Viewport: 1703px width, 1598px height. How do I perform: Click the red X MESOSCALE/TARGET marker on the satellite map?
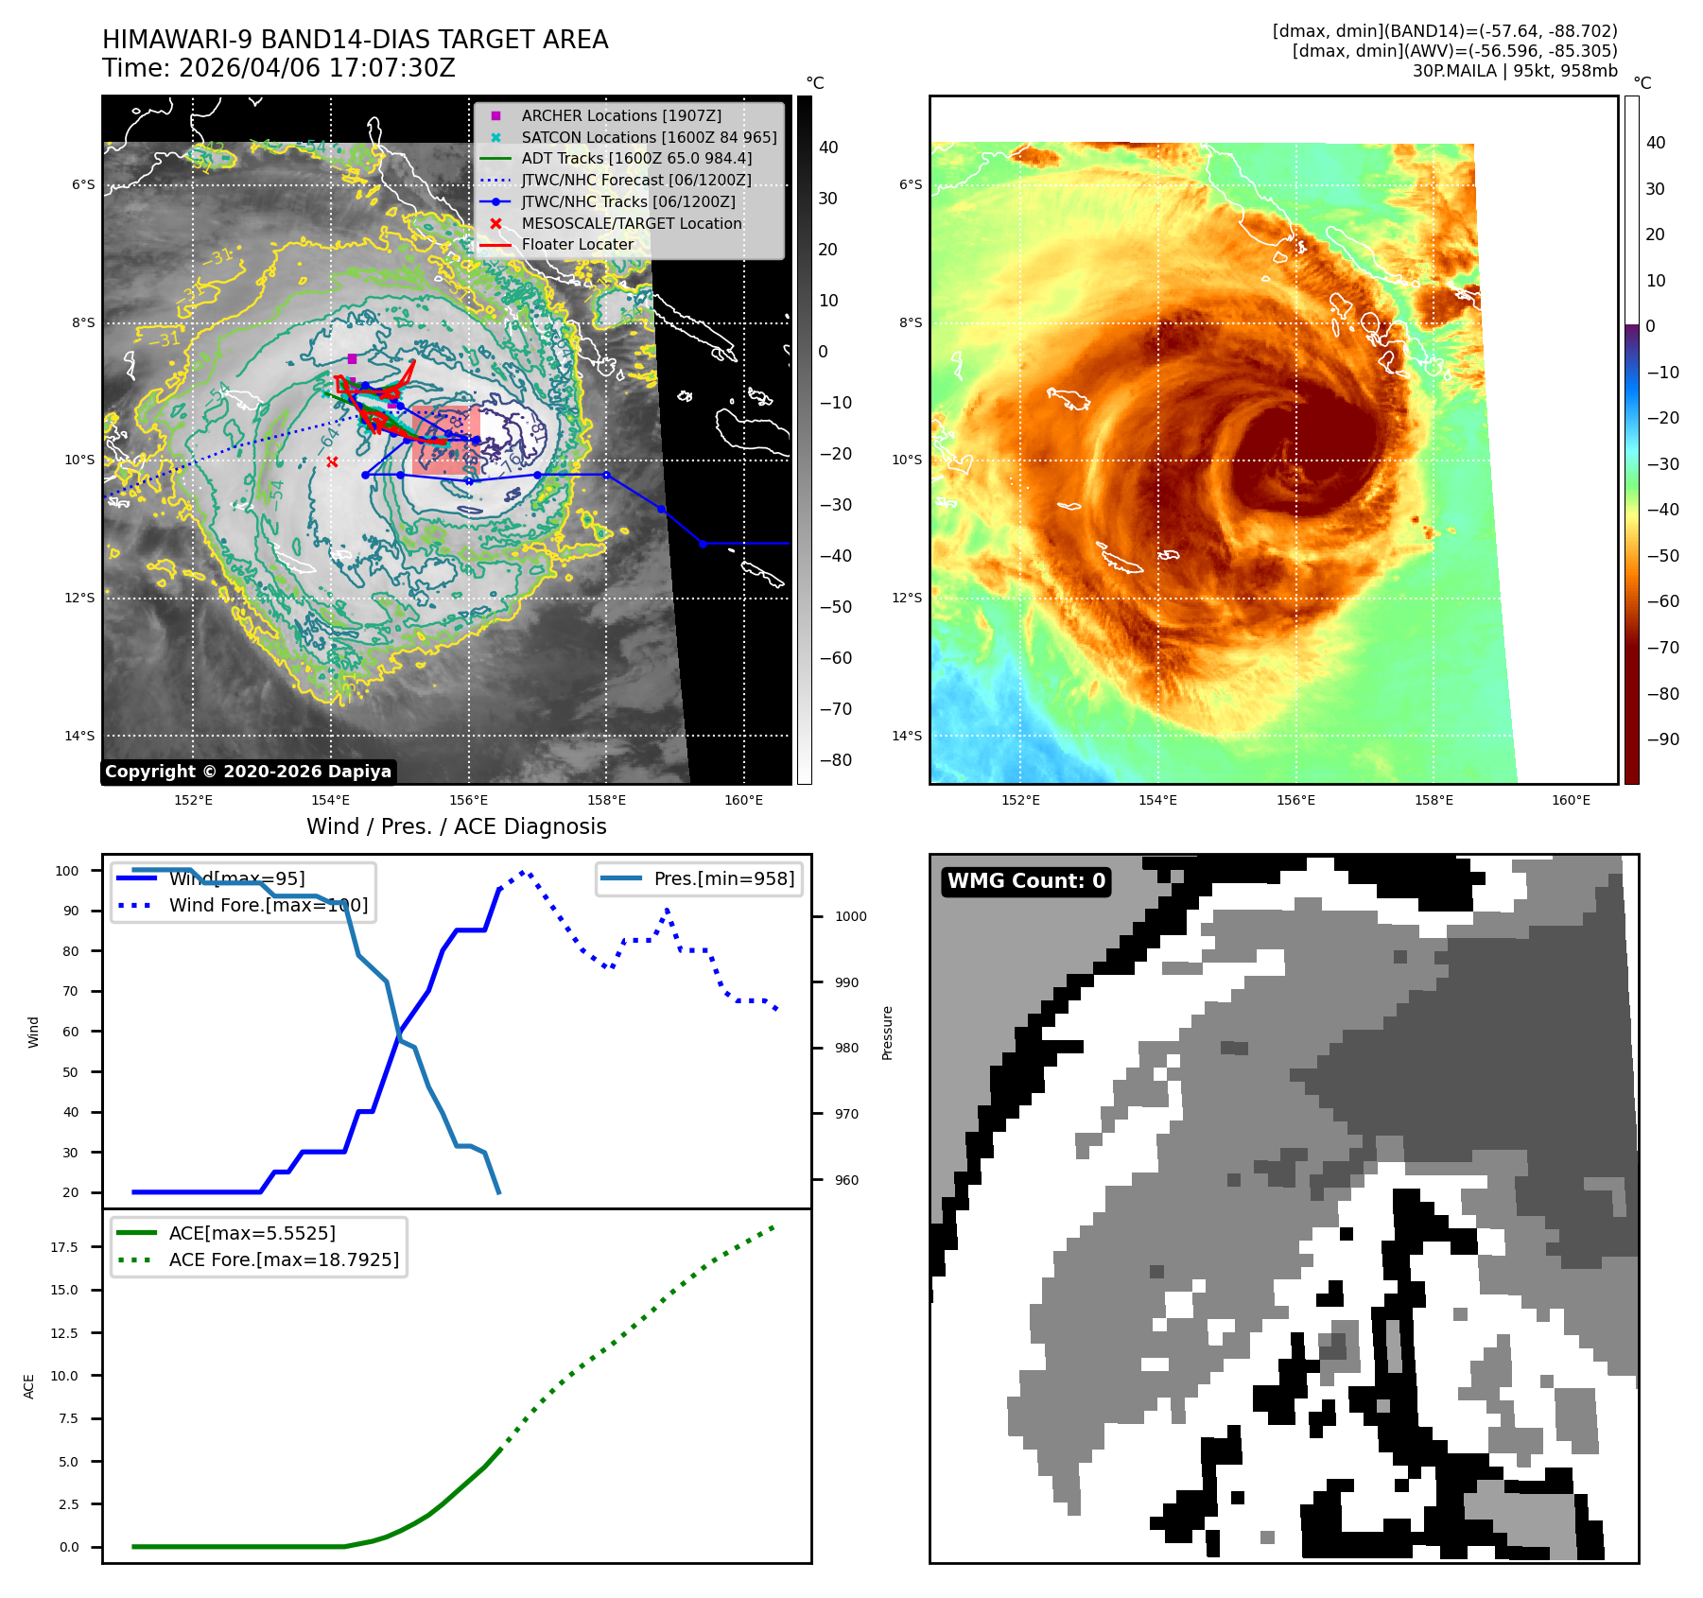tap(332, 461)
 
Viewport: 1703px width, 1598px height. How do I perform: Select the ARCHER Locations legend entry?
tap(620, 115)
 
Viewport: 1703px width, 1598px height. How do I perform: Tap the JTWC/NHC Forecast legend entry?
tap(635, 180)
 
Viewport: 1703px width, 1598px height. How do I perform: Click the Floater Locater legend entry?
tap(577, 244)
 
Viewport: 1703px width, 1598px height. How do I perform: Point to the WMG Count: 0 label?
tap(1026, 881)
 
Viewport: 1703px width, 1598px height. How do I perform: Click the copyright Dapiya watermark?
tap(248, 772)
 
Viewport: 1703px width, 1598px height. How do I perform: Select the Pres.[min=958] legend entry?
tap(723, 878)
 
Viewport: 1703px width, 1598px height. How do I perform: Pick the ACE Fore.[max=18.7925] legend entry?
tap(283, 1259)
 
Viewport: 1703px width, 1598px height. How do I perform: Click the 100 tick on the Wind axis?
tap(67, 871)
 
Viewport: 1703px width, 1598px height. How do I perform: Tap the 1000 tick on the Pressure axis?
tap(850, 916)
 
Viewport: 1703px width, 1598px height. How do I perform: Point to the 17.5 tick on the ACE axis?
tap(64, 1247)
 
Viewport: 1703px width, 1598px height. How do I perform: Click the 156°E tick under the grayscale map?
tap(469, 800)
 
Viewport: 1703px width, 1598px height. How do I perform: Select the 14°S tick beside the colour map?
tap(907, 736)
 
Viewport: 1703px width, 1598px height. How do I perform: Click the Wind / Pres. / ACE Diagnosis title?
tap(456, 826)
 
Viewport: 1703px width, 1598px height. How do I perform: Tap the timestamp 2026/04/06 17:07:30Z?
tap(317, 68)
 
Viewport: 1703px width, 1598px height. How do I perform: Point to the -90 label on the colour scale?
tap(1662, 739)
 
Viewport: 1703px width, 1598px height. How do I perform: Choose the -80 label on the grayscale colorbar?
tap(835, 760)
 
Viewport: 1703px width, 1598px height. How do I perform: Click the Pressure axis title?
tap(887, 1033)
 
